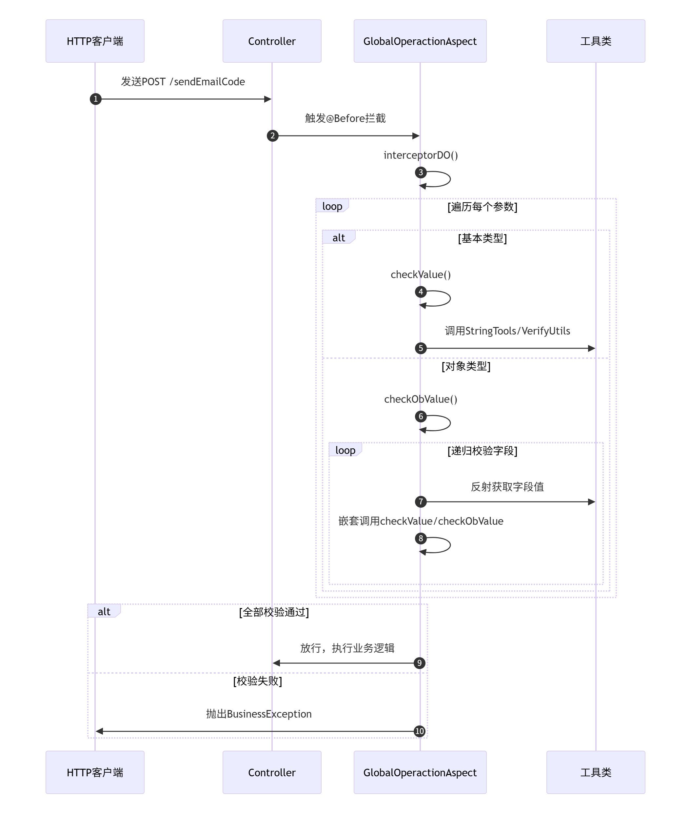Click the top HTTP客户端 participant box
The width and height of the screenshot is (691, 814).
[x=95, y=41]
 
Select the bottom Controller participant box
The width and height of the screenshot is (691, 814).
[x=272, y=772]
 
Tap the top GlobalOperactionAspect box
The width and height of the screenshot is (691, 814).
[x=420, y=41]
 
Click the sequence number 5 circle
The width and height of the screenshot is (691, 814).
[x=421, y=348]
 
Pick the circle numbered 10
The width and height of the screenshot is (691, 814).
[x=420, y=731]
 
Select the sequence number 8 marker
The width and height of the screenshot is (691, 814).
[x=421, y=539]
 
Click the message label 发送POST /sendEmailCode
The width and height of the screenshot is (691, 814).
[x=183, y=82]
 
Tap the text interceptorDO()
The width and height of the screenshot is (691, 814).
[x=421, y=155]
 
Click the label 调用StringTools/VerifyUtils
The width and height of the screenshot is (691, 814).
[x=507, y=331]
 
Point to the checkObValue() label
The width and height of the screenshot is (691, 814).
[x=421, y=399]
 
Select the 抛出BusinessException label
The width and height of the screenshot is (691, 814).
[x=259, y=714]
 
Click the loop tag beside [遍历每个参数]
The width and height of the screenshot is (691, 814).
[x=332, y=206]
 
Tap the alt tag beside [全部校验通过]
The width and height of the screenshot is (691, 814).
[x=104, y=611]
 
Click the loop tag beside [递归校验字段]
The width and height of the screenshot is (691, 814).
[x=345, y=450]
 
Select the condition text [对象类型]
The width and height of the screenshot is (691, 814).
[x=466, y=366]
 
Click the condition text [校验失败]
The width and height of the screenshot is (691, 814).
[x=257, y=681]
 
